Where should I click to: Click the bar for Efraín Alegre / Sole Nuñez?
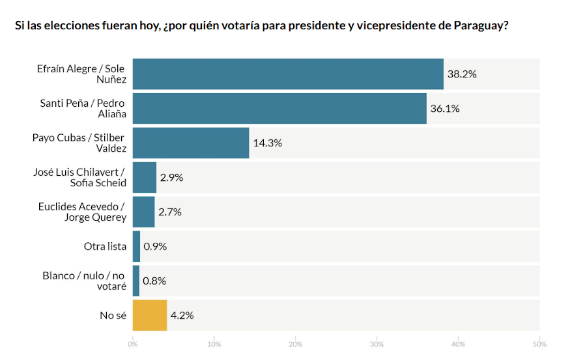click(288, 74)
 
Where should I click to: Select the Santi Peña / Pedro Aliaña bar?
click(279, 109)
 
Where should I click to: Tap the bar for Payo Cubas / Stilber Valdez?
click(191, 143)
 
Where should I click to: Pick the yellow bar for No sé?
click(150, 316)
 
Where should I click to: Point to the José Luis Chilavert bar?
click(145, 178)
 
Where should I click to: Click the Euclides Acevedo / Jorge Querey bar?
click(144, 212)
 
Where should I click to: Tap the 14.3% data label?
click(268, 143)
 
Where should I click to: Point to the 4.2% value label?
click(182, 316)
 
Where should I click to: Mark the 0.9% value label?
click(155, 247)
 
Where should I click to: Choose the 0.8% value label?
click(154, 281)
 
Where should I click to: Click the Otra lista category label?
click(105, 247)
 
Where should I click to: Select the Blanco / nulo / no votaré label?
click(84, 281)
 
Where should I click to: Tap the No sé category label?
click(113, 316)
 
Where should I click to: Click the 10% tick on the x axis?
click(214, 344)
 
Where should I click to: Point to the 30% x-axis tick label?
click(377, 344)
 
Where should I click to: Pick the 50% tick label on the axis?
click(539, 344)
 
